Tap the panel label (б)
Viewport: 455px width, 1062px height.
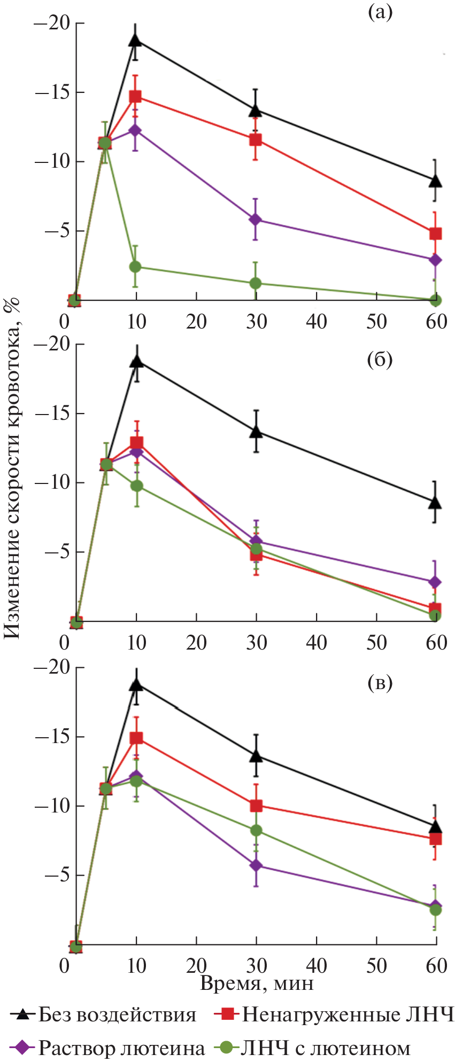tap(380, 361)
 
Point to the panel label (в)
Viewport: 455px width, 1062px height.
tap(380, 683)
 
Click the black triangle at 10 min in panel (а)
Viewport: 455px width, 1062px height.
tap(136, 40)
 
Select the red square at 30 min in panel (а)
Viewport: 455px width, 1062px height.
tap(256, 140)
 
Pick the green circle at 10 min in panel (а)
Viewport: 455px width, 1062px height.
tap(136, 267)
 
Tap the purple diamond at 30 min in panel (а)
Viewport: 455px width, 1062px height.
tap(256, 220)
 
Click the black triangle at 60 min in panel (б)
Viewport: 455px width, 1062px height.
tap(436, 502)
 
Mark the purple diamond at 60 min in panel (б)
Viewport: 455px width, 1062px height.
tap(436, 582)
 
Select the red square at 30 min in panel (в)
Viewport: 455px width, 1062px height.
tap(256, 806)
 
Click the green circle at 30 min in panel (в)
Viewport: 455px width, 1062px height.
tap(256, 830)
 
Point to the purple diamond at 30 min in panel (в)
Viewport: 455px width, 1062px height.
tap(256, 865)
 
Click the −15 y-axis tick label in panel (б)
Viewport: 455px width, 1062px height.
tap(52, 414)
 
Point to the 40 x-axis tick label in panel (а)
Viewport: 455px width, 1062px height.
tap(316, 322)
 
